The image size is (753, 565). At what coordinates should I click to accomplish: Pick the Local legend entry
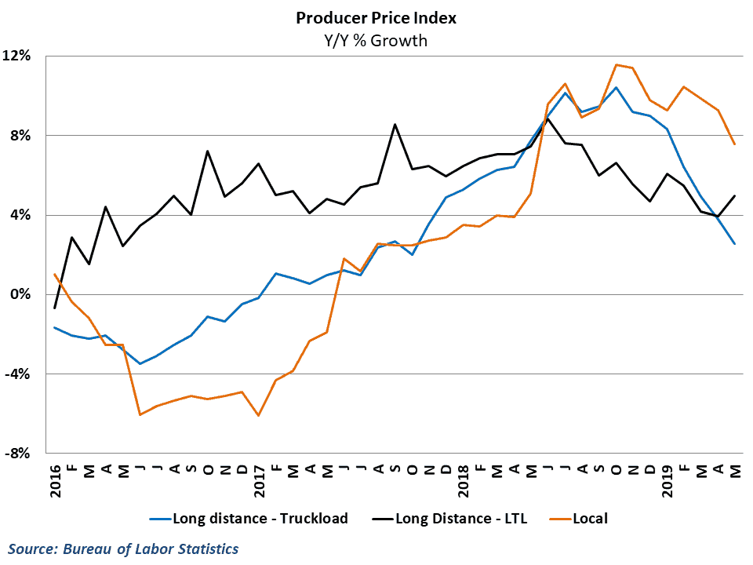(x=590, y=518)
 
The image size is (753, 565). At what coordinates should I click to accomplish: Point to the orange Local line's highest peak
(x=616, y=64)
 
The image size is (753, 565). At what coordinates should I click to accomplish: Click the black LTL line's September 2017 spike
(x=395, y=124)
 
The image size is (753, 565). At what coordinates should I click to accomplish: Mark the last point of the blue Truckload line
(x=734, y=244)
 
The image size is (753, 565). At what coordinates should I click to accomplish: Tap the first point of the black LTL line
(x=55, y=308)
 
